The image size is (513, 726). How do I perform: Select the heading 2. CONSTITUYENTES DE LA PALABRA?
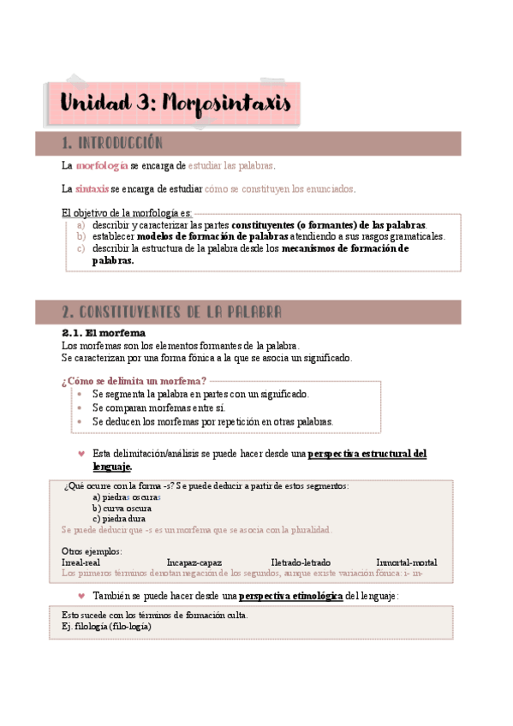click(172, 312)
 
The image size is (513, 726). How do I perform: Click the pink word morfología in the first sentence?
click(102, 165)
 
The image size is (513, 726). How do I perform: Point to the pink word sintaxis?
click(92, 188)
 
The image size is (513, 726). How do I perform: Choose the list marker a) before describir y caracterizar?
click(81, 224)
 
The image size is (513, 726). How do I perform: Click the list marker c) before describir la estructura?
click(81, 248)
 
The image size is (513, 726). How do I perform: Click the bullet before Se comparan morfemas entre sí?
click(79, 408)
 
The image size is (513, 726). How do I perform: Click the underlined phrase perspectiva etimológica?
click(291, 596)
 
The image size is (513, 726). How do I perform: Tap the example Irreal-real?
click(81, 562)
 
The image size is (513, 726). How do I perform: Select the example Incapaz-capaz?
click(194, 562)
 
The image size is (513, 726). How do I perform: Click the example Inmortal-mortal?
click(406, 562)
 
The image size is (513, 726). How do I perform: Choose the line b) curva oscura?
click(122, 508)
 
